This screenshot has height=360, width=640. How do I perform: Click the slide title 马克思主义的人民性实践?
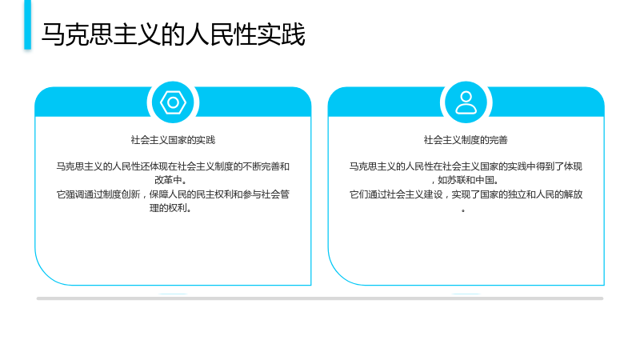[x=173, y=34]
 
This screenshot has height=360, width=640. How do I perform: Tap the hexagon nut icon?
[x=173, y=102]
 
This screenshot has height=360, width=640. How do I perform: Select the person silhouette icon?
[x=466, y=102]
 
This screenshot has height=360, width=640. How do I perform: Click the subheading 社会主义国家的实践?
[x=173, y=140]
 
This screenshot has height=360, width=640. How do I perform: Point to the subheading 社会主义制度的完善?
[x=466, y=140]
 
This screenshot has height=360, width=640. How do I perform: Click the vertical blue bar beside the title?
[x=28, y=25]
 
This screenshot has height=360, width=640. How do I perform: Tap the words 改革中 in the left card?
[x=168, y=180]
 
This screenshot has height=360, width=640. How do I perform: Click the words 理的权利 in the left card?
[x=168, y=208]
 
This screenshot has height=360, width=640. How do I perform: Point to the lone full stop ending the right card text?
[x=463, y=210]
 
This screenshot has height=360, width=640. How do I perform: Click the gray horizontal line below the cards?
[x=320, y=298]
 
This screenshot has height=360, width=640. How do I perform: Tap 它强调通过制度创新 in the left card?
[x=98, y=194]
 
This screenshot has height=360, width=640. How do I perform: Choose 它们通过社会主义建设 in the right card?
[x=396, y=194]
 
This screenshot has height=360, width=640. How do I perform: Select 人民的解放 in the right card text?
[x=559, y=194]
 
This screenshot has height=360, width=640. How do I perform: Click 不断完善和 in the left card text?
[x=266, y=166]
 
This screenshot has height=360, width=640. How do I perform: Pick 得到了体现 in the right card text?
[x=559, y=166]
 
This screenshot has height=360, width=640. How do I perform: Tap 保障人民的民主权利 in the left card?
[x=191, y=194]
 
